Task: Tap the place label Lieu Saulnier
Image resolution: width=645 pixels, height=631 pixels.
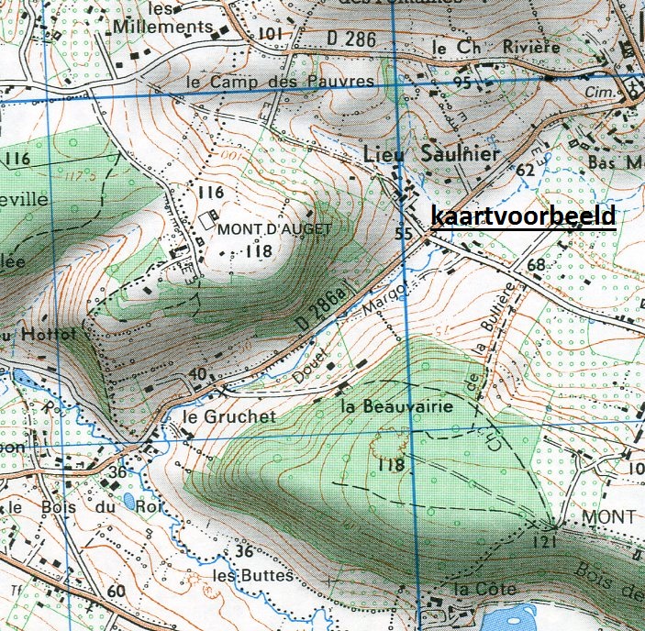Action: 433,154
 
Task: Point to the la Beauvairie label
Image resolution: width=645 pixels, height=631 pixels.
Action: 395,404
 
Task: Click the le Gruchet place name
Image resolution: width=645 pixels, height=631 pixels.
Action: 228,416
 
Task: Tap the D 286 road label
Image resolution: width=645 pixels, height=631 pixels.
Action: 351,39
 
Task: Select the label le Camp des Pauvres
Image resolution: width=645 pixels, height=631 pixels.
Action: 280,82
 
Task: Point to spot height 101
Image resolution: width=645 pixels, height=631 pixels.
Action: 270,34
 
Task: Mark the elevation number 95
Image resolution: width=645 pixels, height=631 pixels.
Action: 462,83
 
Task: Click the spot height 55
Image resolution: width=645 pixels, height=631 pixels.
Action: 404,233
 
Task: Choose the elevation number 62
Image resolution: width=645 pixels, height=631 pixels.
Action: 525,171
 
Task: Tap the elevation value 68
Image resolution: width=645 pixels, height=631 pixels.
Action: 536,266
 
